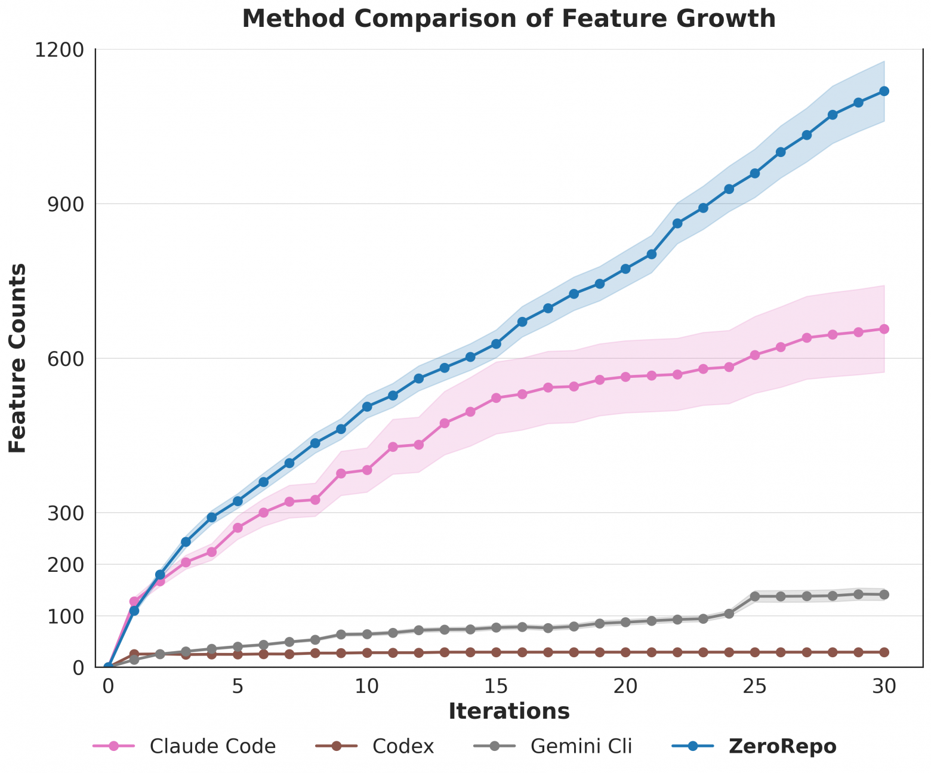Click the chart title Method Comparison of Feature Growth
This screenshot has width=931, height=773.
point(508,19)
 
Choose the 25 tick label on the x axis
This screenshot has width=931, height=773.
point(755,686)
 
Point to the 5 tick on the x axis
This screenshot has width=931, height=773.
point(238,686)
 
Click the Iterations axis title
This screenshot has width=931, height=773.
point(508,712)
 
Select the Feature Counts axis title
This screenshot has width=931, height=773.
point(19,358)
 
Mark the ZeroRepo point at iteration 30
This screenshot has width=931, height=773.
point(884,91)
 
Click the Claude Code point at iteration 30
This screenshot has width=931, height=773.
point(884,329)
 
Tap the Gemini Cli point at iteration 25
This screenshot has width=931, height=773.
point(755,596)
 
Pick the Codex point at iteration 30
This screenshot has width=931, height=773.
point(884,652)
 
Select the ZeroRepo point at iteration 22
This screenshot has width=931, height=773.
point(677,223)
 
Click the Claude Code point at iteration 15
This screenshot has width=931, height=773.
point(496,398)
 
